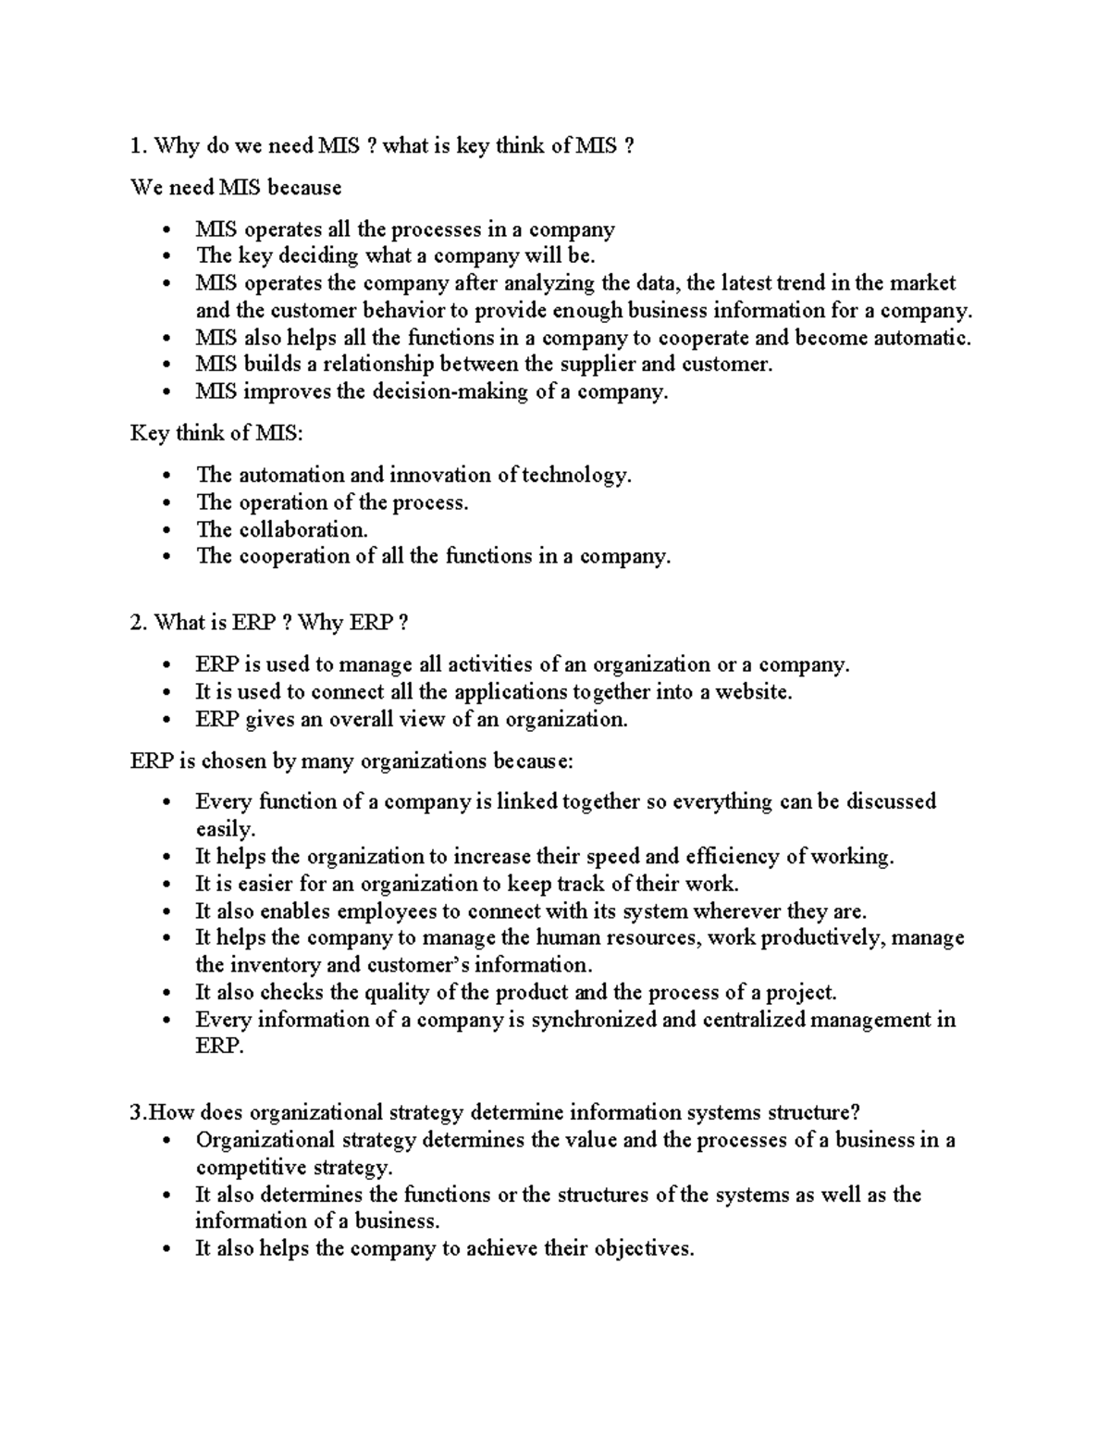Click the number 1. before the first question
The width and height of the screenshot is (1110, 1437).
click(x=139, y=146)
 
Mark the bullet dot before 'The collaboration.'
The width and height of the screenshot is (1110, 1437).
click(x=166, y=530)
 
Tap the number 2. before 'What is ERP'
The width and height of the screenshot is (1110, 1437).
click(x=139, y=623)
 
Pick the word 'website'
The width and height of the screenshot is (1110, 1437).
click(x=752, y=692)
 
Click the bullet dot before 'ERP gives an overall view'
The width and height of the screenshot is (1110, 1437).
click(x=166, y=720)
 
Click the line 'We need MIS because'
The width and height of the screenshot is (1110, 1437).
click(x=236, y=188)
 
